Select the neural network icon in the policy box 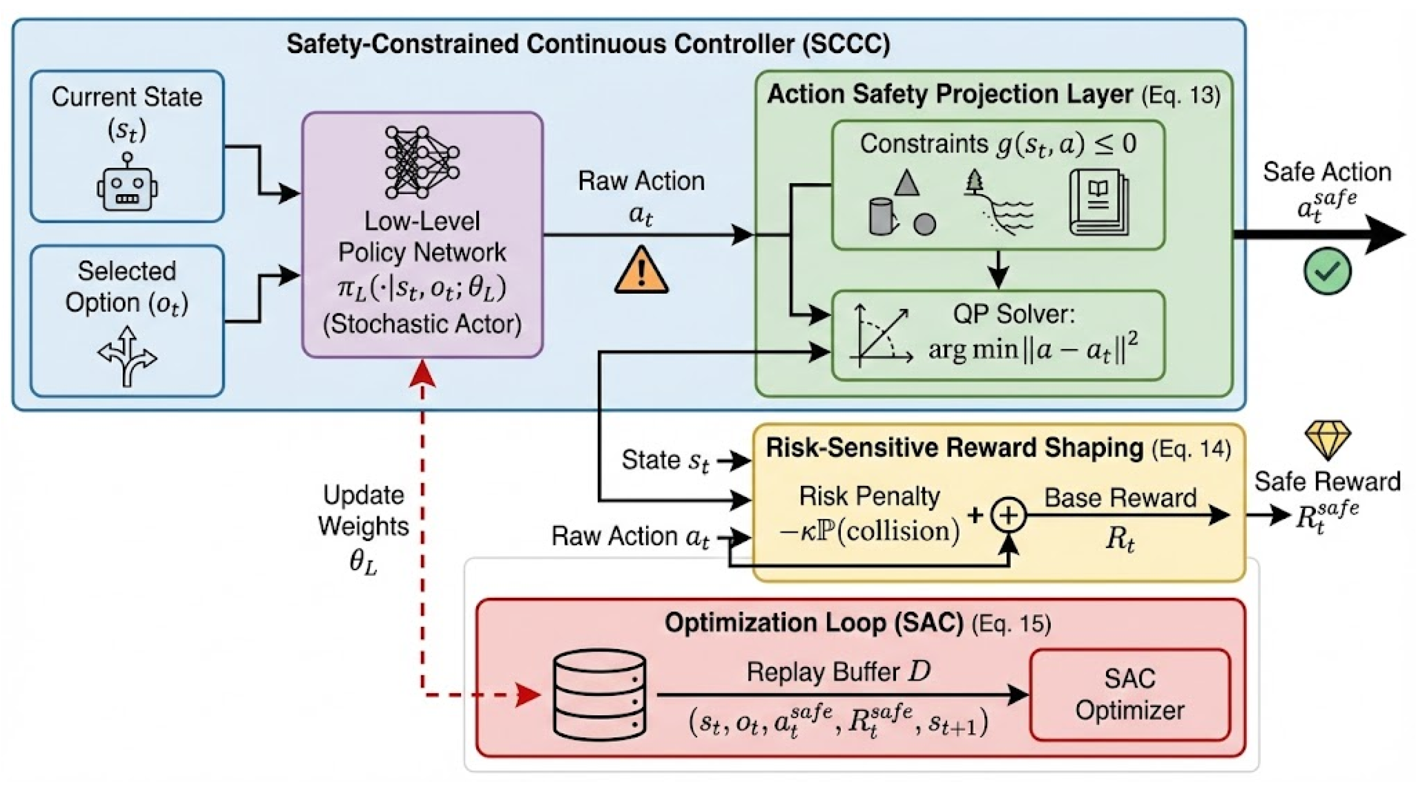pos(422,162)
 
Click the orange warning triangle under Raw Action pos(641,271)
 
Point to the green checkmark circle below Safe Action pos(1327,271)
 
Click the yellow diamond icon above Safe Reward pos(1327,440)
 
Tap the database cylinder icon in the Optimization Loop pos(600,695)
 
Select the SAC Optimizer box pos(1130,695)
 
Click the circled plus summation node pos(1008,515)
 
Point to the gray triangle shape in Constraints pos(906,184)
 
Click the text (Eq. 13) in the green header pos(1181,96)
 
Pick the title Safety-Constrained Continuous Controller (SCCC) pos(588,44)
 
